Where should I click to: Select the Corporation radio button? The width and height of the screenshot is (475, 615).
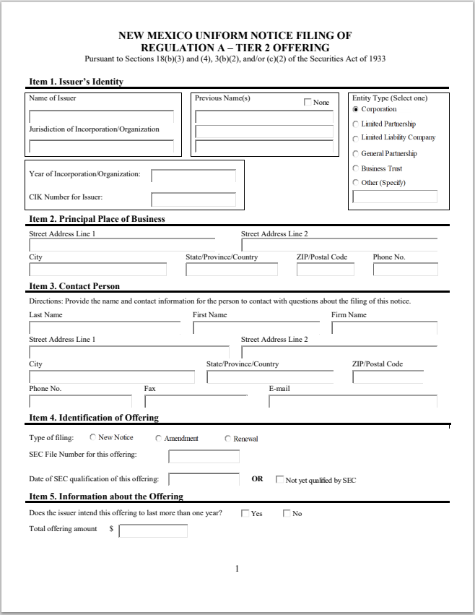coord(356,110)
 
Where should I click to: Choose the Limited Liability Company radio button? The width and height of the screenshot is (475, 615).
coord(356,138)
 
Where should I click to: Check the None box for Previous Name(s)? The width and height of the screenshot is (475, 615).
coord(308,103)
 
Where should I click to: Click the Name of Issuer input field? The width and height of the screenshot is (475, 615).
coord(101,117)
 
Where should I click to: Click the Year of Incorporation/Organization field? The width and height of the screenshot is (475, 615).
coord(193,176)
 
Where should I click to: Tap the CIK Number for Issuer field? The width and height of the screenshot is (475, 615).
coord(193,199)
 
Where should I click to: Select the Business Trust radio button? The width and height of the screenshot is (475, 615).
coord(356,168)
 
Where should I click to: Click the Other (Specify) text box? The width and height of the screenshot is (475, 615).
coord(395,197)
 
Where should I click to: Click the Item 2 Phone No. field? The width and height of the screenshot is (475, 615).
coord(405,270)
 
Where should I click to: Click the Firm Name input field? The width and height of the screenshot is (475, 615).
coord(384,327)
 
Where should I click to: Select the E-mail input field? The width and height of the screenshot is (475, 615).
coord(353,401)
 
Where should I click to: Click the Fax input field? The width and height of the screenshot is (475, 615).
coord(196,401)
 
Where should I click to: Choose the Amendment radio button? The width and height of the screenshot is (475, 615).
coord(159,439)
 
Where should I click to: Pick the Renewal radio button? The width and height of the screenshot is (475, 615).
coord(228,439)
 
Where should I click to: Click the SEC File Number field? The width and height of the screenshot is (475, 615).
coord(204,456)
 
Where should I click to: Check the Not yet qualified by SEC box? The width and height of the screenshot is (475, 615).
coord(280,479)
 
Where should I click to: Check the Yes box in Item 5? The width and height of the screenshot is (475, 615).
coord(245,513)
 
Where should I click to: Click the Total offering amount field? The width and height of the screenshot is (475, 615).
coord(153,531)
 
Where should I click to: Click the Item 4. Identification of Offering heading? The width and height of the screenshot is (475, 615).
coord(93,418)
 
